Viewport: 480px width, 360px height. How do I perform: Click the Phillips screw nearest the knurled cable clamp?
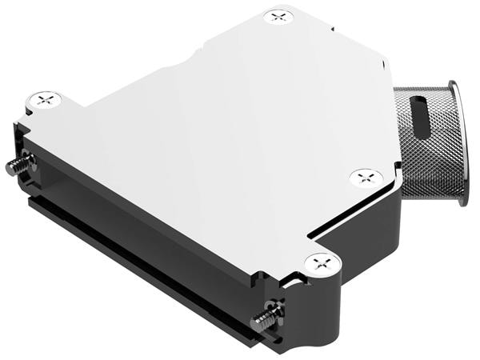(x=366, y=177)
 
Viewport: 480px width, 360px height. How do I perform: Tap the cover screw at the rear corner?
(x=278, y=17)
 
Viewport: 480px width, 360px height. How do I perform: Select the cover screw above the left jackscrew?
(x=44, y=101)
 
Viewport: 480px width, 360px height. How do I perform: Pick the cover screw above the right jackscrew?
(x=322, y=261)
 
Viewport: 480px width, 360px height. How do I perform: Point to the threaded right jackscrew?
(x=262, y=322)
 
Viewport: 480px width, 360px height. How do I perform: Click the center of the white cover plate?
(x=216, y=136)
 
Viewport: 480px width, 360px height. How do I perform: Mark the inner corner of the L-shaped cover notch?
(x=308, y=234)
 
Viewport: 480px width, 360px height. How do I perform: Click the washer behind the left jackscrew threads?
(x=29, y=165)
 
